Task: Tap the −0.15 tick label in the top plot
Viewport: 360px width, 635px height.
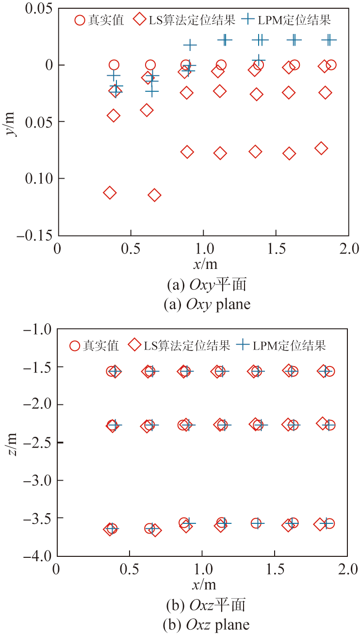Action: click(35, 235)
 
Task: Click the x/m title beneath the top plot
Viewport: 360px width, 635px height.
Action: click(204, 264)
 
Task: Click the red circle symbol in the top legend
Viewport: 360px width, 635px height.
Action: click(80, 20)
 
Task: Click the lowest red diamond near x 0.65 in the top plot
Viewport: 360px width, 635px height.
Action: click(155, 195)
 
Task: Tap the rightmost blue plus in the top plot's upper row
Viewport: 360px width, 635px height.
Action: click(329, 40)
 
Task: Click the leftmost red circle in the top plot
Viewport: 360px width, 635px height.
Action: click(114, 65)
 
